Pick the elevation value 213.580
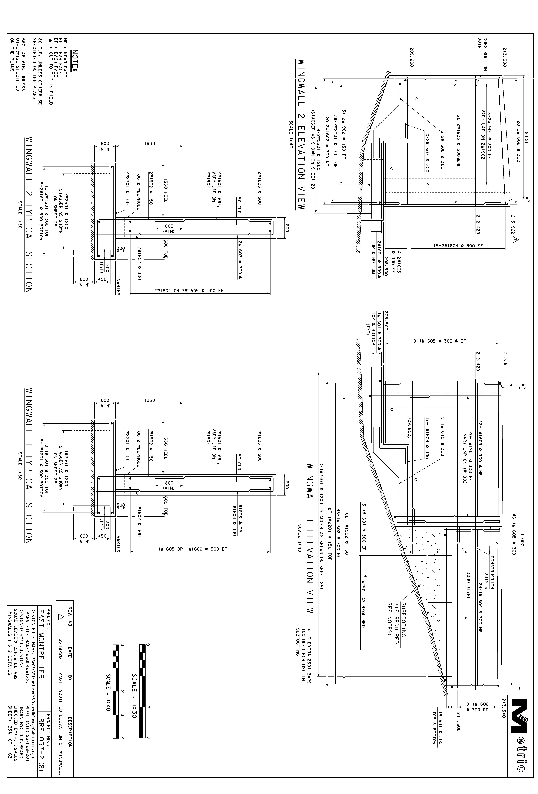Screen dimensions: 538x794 [x=505, y=57]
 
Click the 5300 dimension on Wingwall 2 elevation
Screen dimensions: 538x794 [x=526, y=137]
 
